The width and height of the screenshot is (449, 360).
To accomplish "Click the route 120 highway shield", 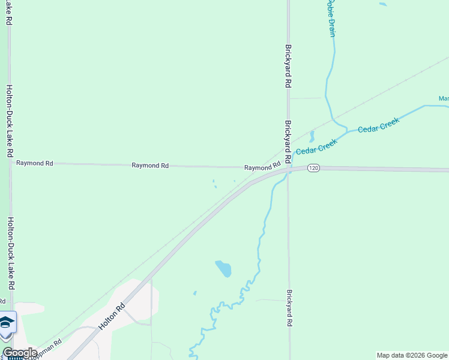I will click(x=313, y=169).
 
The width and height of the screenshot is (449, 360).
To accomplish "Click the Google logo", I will click(x=20, y=353).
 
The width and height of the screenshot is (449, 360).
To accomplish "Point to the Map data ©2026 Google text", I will click(x=412, y=355).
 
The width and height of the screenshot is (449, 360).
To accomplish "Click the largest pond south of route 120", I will click(x=223, y=269).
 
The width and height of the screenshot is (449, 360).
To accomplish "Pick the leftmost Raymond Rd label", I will click(x=34, y=163).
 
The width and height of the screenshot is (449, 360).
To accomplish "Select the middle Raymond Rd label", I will click(x=150, y=165).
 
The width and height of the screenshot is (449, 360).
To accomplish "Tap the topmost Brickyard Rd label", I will click(x=289, y=67).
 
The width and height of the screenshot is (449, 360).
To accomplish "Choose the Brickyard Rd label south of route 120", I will click(x=289, y=310).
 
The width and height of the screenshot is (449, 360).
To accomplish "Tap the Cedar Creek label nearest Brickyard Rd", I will click(x=316, y=146).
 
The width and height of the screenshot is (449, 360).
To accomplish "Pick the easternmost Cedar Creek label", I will click(x=379, y=125).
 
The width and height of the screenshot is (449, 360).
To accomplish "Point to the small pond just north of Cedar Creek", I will click(x=312, y=136).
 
